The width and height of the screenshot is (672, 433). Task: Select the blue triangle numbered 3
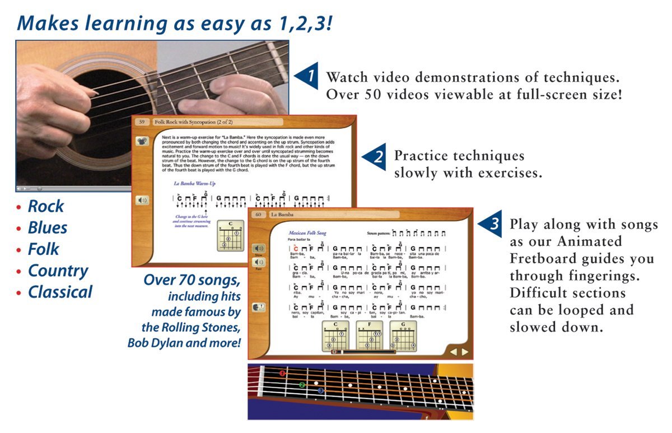(491, 224)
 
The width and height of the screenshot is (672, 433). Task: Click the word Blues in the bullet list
(48, 228)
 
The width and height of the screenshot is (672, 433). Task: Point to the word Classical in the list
(60, 292)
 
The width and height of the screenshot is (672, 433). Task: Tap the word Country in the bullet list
(58, 271)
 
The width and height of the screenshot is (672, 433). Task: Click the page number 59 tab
(142, 122)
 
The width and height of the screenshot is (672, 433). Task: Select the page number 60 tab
(258, 215)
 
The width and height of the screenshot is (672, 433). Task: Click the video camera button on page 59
(142, 142)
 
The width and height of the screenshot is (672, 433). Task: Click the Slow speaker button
(259, 248)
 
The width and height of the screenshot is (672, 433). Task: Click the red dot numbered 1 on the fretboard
(283, 373)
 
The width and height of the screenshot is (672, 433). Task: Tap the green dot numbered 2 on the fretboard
(302, 385)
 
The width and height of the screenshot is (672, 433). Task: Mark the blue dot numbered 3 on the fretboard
(320, 390)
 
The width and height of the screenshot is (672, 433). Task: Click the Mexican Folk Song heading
(307, 232)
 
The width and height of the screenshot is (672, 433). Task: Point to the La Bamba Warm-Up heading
(194, 183)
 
